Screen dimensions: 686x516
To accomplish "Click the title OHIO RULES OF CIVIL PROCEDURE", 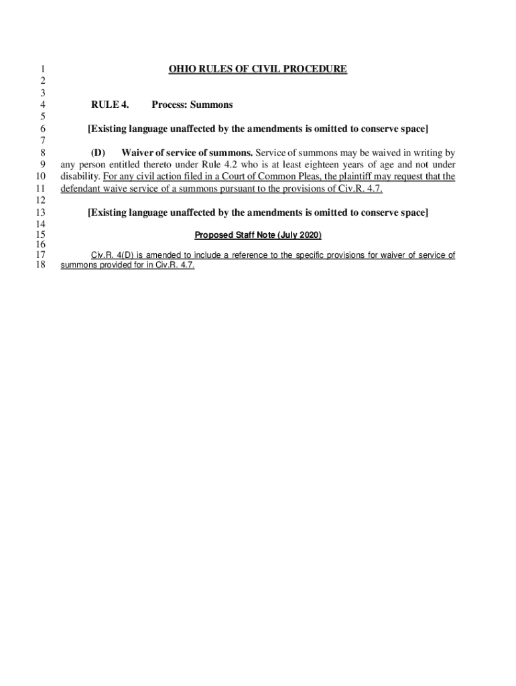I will click(257, 69).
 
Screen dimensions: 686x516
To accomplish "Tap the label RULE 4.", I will click(110, 105).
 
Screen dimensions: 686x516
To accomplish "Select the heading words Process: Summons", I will click(192, 105).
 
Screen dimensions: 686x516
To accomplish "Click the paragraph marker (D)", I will click(98, 153).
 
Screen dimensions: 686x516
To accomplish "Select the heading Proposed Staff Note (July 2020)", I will click(258, 235).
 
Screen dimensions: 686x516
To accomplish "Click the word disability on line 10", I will click(80, 177).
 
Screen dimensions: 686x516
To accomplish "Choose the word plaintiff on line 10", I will click(363, 177).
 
